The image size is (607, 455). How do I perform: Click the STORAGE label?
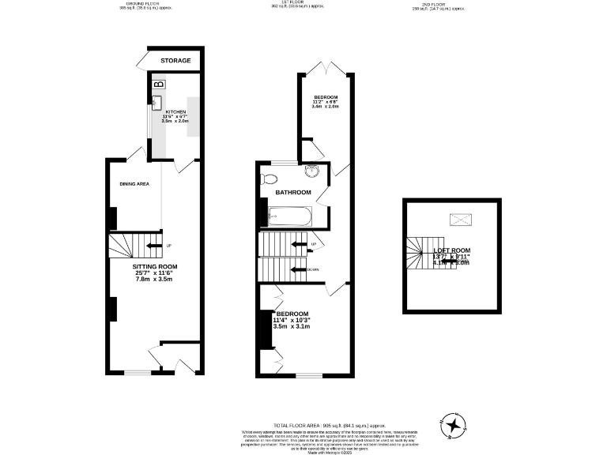click(x=175, y=60)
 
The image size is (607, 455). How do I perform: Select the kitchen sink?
click(x=156, y=102)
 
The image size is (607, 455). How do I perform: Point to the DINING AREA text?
click(x=134, y=184)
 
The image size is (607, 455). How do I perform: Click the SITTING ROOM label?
click(x=154, y=267)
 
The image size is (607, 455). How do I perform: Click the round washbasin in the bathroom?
click(x=313, y=174)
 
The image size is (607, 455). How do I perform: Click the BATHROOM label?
click(x=293, y=193)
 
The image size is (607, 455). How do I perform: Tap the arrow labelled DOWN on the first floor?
click(x=300, y=269)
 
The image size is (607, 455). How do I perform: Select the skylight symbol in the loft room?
click(x=459, y=220)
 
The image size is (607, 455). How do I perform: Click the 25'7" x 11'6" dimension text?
click(x=154, y=273)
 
